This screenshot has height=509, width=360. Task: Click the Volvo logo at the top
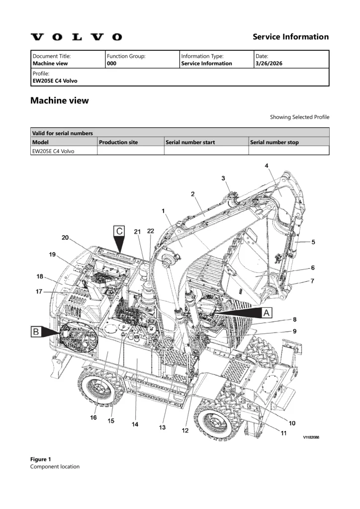point(76,37)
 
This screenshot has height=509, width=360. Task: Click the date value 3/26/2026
point(269,63)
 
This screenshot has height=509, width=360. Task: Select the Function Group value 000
point(111,63)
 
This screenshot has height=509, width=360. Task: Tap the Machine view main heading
point(59,100)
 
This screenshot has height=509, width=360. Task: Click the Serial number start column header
point(190,142)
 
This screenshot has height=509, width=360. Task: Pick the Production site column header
point(118,142)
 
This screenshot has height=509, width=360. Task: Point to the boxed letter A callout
point(267,313)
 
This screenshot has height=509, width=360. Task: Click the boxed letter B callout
point(36,332)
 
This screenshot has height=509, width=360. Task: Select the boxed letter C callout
point(119,231)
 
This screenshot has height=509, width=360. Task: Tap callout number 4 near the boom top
point(267,166)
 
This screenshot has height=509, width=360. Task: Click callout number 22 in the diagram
point(151,231)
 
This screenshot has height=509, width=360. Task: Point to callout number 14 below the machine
point(135,424)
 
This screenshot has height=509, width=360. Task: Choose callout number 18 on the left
point(40,276)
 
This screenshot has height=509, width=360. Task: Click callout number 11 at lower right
point(283,433)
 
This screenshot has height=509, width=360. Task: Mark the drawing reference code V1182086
point(311,437)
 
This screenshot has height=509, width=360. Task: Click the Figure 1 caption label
point(41,459)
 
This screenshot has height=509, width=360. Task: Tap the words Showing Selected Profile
point(300,117)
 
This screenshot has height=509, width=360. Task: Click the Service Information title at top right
point(290,37)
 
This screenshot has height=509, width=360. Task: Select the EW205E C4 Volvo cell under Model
point(53,151)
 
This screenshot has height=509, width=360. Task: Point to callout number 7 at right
point(312,281)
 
